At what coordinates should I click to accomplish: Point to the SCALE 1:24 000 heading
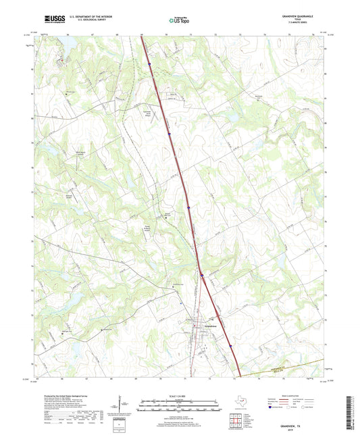coord(180,394)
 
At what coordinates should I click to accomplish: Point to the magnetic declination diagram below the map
coord(124,405)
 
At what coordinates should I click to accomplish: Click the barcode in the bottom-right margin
coord(351,412)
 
